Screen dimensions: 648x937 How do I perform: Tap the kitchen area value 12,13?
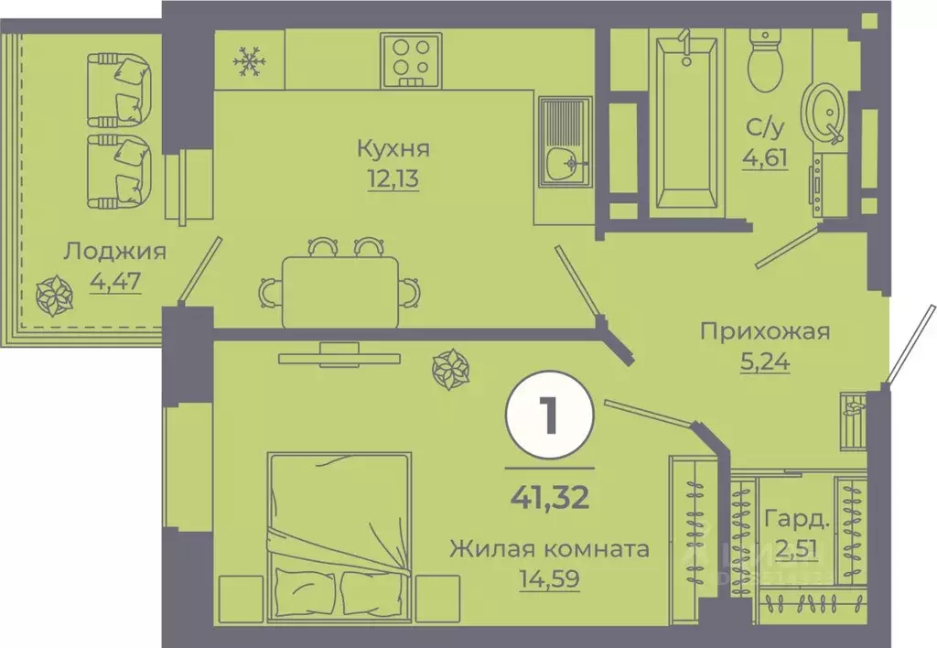pyautogui.click(x=393, y=178)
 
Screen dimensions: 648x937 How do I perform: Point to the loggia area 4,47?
pyautogui.click(x=114, y=280)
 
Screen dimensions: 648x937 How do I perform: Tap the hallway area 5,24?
pyautogui.click(x=765, y=361)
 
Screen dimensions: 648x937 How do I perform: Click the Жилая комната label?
pyautogui.click(x=549, y=549)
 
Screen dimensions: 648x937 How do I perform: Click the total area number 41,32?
pyautogui.click(x=549, y=500)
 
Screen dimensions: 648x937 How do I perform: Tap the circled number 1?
pyautogui.click(x=549, y=417)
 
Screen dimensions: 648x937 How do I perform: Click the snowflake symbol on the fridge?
pyautogui.click(x=247, y=62)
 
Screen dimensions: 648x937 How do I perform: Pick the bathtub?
pyautogui.click(x=684, y=119)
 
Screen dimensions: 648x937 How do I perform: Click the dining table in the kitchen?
pyautogui.click(x=340, y=290)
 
